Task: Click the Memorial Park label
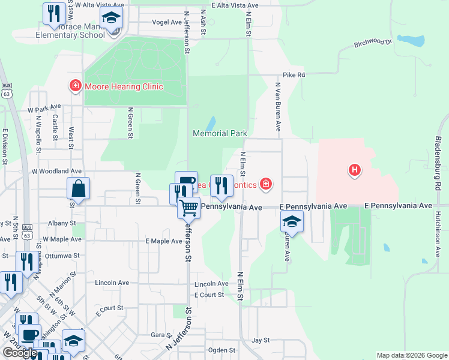pyautogui.click(x=220, y=133)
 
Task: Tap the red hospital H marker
pyautogui.click(x=355, y=170)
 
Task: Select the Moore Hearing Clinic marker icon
pyautogui.click(x=76, y=86)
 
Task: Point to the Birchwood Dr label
pyautogui.click(x=372, y=43)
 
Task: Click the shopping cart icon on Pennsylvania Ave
pyautogui.click(x=189, y=208)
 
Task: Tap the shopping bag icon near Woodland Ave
pyautogui.click(x=79, y=188)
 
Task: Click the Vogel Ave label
pyautogui.click(x=167, y=22)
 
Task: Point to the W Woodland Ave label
pyautogui.click(x=56, y=171)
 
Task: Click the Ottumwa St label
pyautogui.click(x=62, y=255)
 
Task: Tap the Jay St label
pyautogui.click(x=261, y=340)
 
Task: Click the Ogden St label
pyautogui.click(x=221, y=350)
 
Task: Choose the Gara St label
pyautogui.click(x=158, y=335)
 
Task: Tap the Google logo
pyautogui.click(x=20, y=353)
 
